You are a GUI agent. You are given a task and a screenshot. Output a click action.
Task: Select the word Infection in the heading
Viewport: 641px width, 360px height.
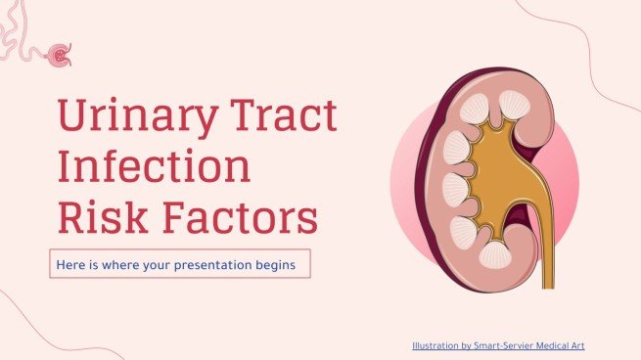coord(153,167)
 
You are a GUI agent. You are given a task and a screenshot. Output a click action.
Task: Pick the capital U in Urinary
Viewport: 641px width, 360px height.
coord(74,119)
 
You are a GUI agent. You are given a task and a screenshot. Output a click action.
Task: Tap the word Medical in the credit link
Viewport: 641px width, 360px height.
coord(555,345)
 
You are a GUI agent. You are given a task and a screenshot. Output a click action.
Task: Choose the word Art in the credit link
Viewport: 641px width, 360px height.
coord(579,345)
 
